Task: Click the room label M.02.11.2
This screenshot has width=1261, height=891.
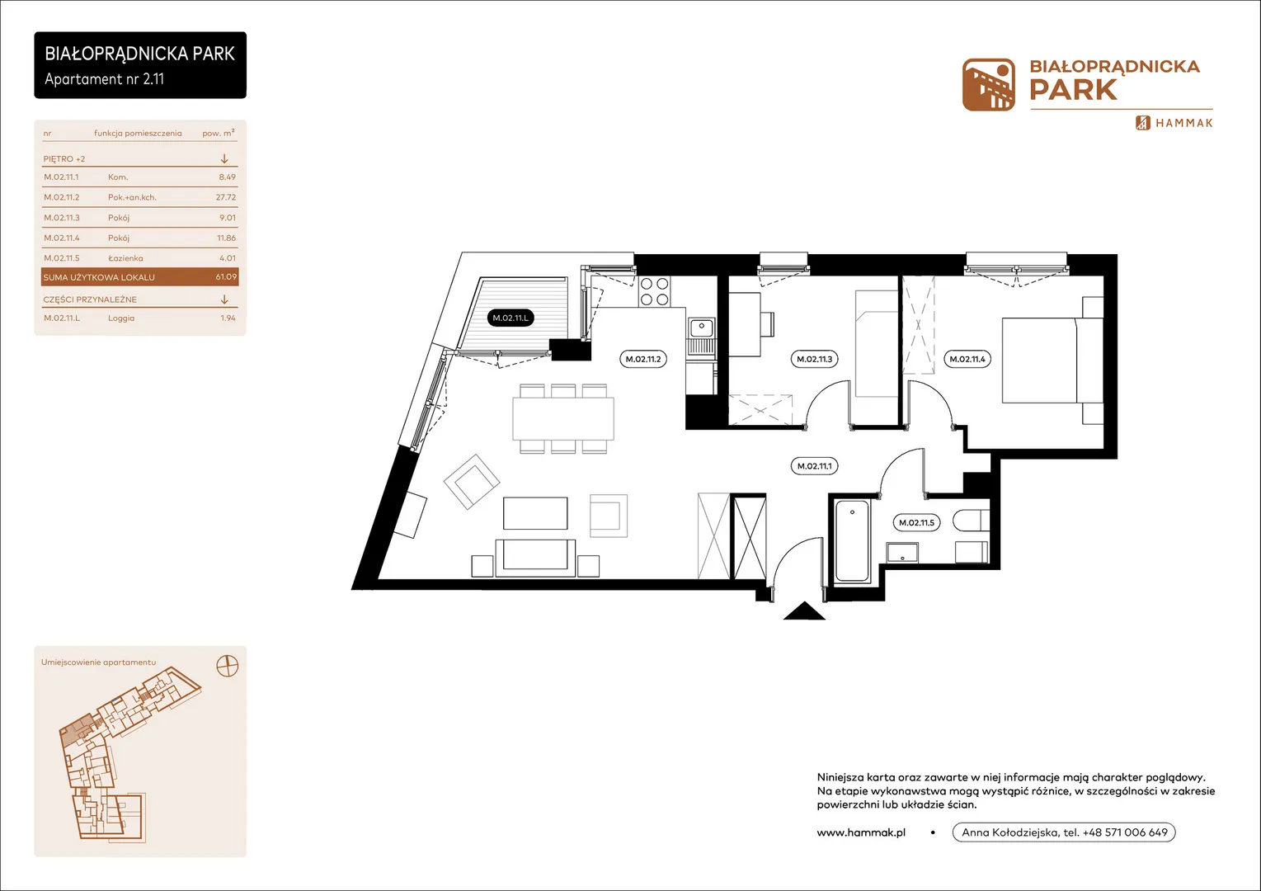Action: point(643,359)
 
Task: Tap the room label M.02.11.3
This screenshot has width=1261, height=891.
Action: point(814,359)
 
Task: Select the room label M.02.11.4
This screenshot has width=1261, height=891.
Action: point(967,359)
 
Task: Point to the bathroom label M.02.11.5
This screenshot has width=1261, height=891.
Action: point(916,523)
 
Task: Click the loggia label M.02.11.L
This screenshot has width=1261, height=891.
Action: point(511,318)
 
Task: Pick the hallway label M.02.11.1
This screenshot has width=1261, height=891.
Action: point(814,466)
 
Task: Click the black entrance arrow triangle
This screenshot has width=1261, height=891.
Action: point(804,611)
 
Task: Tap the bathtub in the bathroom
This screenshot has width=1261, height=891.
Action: point(852,540)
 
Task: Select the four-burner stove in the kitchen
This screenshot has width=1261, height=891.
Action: point(655,291)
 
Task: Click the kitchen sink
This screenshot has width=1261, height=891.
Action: point(702,328)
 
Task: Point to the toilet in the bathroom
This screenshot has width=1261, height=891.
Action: point(971,521)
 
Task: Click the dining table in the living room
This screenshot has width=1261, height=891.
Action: point(563,418)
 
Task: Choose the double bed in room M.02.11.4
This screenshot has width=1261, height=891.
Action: point(1052,360)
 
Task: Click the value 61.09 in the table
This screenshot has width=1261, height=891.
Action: point(226,276)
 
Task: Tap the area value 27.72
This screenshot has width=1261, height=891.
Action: point(226,197)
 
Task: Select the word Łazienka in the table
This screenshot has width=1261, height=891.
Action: point(125,258)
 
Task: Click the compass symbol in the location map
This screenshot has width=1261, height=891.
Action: point(228,666)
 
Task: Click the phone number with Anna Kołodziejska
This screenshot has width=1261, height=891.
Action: point(1064,832)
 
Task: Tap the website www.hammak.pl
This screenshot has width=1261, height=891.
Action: point(861,832)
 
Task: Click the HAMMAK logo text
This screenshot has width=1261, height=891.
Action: point(1183,123)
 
